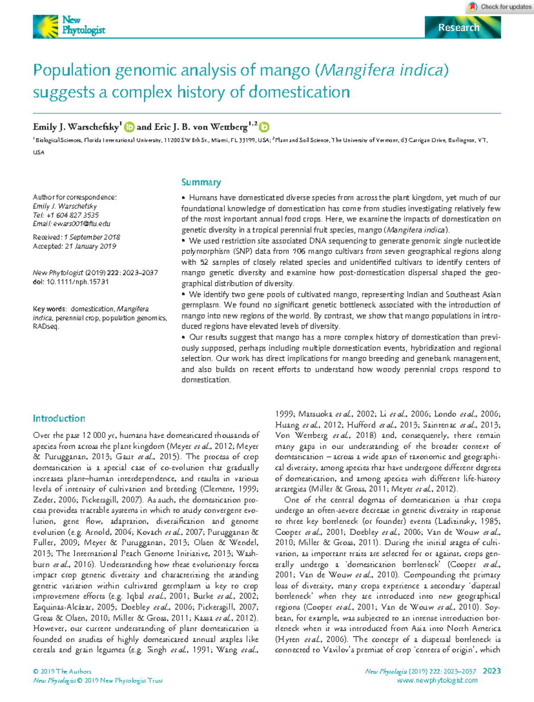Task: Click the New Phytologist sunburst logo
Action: point(45,26)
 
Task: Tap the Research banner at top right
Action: point(462,28)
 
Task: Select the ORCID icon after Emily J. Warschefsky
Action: point(129,127)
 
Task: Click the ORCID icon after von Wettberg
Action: point(264,127)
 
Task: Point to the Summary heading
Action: point(201,183)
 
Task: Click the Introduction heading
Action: point(59,418)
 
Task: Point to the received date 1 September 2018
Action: point(92,237)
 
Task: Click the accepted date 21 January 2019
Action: point(90,246)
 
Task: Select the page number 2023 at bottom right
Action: point(491,671)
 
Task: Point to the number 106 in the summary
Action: point(299,252)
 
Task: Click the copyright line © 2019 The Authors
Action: point(62,671)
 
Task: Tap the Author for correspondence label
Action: point(74,197)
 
